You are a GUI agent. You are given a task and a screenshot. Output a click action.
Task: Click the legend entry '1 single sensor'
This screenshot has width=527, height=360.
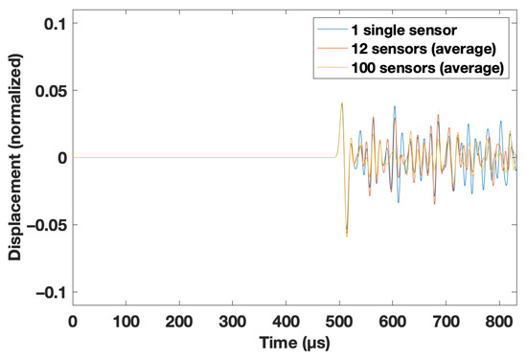coord(424,30)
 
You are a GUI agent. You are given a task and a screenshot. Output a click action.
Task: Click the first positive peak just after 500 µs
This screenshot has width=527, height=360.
coord(342,103)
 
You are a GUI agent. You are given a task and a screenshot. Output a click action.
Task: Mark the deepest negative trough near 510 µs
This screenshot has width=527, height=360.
coord(347,236)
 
